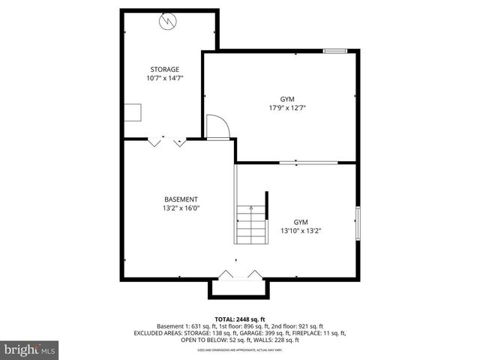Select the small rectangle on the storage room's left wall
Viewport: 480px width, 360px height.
pos(133,112)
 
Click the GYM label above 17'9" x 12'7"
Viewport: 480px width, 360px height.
pos(288,99)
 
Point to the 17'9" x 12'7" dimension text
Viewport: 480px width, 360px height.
pos(288,108)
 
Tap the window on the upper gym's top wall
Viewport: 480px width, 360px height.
pos(335,51)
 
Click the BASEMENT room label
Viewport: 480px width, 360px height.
pos(181,199)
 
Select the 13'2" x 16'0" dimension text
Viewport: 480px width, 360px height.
pos(181,208)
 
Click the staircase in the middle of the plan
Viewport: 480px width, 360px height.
pos(251,223)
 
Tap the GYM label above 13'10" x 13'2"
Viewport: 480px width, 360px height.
pos(300,222)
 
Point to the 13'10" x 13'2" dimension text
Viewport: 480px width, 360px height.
pos(300,231)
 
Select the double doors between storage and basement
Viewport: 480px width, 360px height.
pos(166,141)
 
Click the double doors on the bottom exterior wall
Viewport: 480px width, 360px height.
pos(237,275)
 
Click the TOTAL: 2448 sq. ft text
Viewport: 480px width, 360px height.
pos(239,319)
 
